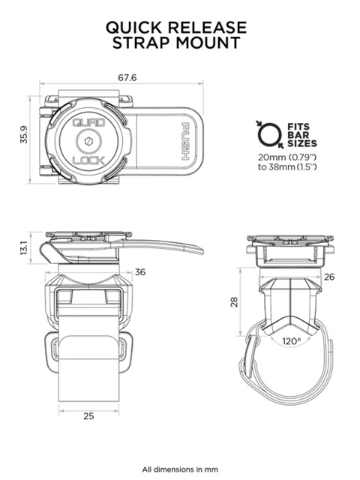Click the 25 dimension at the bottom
point(88,415)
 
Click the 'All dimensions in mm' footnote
point(180,469)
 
